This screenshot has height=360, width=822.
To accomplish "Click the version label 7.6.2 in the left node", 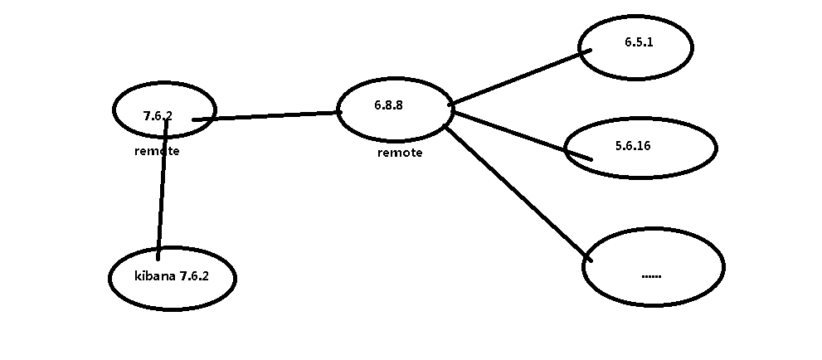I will [x=157, y=116].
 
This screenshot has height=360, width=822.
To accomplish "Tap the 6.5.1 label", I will [x=639, y=42].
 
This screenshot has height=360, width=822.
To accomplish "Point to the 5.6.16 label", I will [x=633, y=145].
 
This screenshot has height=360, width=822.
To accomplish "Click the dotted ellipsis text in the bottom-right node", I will [x=651, y=275].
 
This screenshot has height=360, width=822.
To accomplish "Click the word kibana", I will [x=154, y=276].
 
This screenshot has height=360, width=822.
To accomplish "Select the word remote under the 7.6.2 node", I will [x=157, y=152].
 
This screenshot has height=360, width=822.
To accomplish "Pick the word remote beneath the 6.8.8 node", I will [x=400, y=153].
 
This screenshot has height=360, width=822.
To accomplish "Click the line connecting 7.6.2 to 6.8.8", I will [x=265, y=116].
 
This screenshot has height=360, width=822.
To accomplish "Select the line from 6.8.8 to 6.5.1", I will [x=518, y=77].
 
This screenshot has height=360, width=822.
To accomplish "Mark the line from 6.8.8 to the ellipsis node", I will [x=518, y=194].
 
